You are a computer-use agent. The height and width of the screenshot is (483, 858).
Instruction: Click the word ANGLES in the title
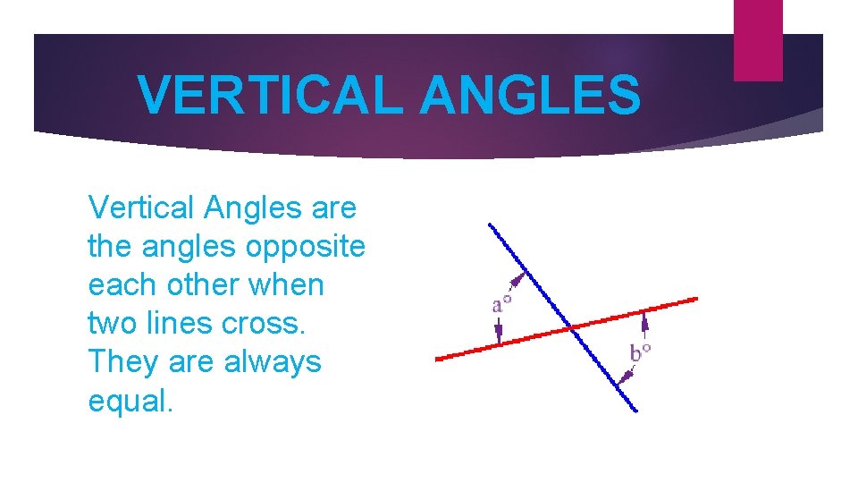point(530,95)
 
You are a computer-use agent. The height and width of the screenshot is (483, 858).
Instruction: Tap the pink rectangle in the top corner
point(758,40)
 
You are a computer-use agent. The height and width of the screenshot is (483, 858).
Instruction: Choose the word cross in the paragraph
point(263,324)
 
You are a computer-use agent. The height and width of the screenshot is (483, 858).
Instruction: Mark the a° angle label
point(502,305)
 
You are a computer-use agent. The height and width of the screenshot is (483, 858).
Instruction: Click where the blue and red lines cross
point(570,328)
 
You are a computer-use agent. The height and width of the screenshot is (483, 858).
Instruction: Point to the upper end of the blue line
point(489,225)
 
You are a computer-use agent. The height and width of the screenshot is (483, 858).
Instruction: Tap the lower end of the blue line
point(635,411)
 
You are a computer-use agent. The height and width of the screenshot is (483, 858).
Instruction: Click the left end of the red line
point(437,359)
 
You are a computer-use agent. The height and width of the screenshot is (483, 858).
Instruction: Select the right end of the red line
point(696,299)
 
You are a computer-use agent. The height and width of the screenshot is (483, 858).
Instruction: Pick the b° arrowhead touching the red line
point(645,315)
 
